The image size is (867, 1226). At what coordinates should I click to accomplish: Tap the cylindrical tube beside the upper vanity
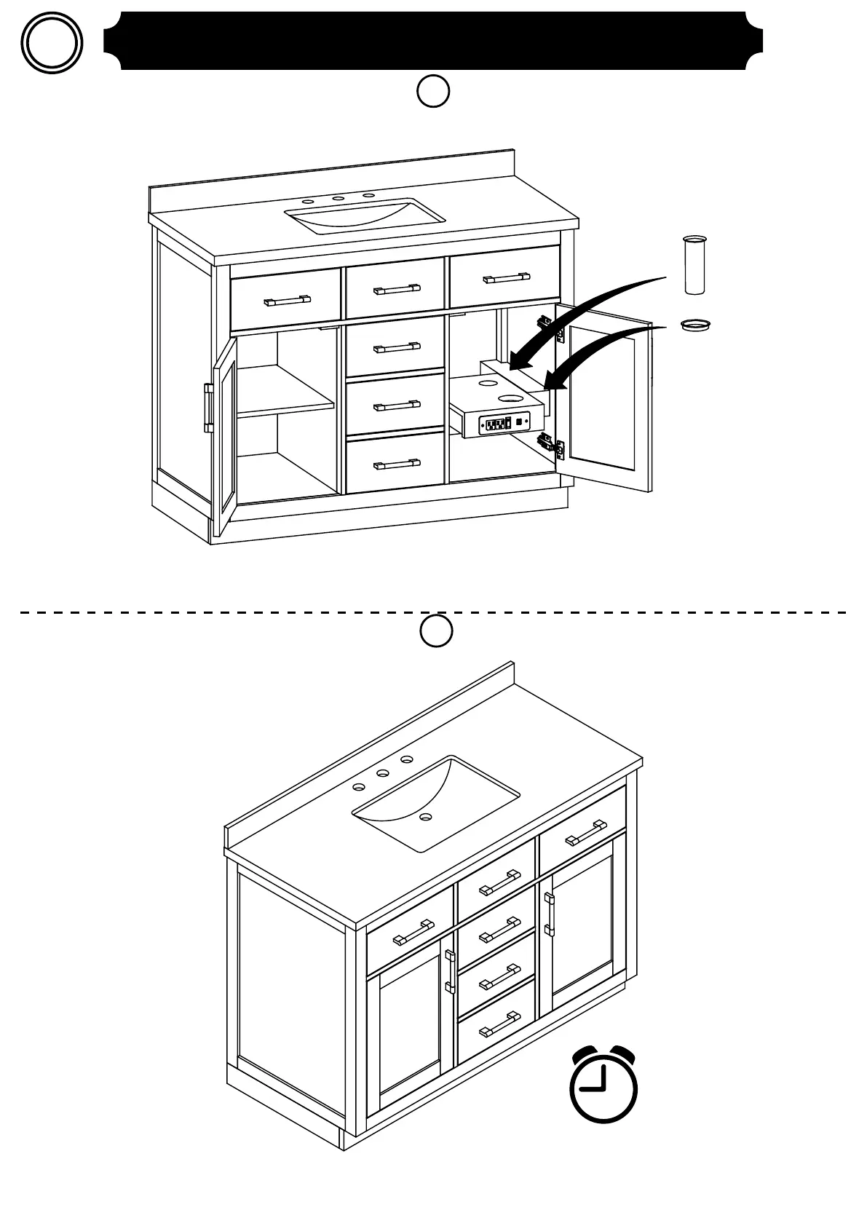pyautogui.click(x=694, y=265)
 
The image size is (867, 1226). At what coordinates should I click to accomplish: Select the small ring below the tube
pyautogui.click(x=694, y=324)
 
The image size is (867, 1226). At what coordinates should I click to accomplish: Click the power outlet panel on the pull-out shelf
pyautogui.click(x=503, y=422)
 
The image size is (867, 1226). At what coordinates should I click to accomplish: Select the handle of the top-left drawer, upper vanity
pyautogui.click(x=287, y=299)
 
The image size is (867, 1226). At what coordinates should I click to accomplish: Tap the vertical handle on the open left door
pyautogui.click(x=208, y=408)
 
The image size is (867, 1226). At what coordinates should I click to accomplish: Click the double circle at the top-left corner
pyautogui.click(x=52, y=43)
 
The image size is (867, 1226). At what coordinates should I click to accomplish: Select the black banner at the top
pyautogui.click(x=433, y=41)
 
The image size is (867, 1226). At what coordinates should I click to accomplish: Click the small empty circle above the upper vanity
pyautogui.click(x=433, y=92)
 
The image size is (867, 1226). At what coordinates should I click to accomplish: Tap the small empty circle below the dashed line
pyautogui.click(x=436, y=631)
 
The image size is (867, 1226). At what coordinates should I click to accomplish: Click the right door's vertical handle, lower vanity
pyautogui.click(x=549, y=914)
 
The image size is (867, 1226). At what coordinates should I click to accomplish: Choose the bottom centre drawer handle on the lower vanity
pyautogui.click(x=499, y=1027)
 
